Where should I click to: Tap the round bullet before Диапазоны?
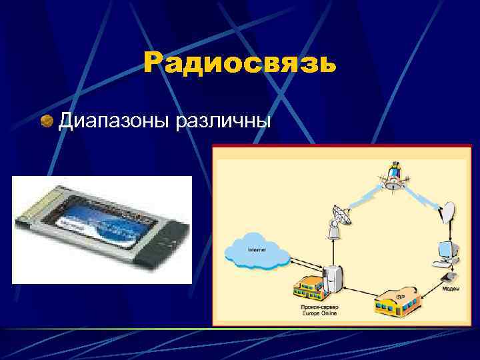click(47, 121)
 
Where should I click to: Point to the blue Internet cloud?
click(257, 251)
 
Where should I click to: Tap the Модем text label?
click(450, 289)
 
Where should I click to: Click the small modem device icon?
click(448, 275)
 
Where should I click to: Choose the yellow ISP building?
click(399, 302)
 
